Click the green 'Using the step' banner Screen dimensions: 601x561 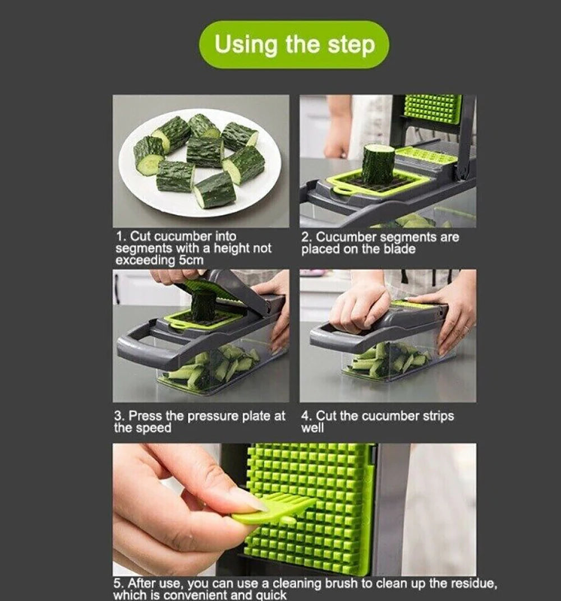click(294, 45)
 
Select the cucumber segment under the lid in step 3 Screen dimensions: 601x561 click(203, 306)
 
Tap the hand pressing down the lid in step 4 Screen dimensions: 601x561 click(359, 306)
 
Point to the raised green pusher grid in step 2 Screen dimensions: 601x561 click(433, 109)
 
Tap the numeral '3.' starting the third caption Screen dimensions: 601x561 click(119, 416)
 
